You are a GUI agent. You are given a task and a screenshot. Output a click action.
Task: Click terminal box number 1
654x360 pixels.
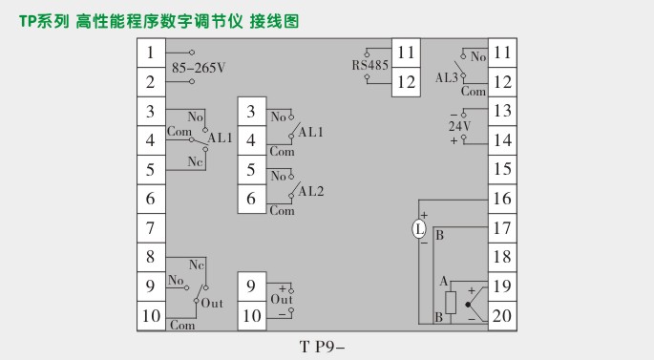150,53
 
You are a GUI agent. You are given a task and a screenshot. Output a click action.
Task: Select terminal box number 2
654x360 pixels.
150,82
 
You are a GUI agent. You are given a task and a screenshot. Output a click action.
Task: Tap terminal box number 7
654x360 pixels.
150,228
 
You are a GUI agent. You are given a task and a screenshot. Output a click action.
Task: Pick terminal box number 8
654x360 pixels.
150,257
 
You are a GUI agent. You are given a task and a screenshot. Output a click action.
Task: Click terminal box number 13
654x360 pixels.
502,112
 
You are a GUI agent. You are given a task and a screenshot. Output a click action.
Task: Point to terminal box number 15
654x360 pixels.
502,170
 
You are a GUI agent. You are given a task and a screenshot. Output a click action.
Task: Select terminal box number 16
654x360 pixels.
502,199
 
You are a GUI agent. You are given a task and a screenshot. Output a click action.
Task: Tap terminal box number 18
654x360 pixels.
502,257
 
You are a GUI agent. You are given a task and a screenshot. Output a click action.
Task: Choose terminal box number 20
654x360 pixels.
502,315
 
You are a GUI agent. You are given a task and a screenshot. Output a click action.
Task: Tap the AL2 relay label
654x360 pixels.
311,191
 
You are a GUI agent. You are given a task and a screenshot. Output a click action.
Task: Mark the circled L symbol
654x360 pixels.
418,229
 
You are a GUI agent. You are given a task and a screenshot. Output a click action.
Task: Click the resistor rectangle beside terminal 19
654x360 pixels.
451,302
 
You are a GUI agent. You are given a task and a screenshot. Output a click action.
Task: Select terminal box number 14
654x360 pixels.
502,140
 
